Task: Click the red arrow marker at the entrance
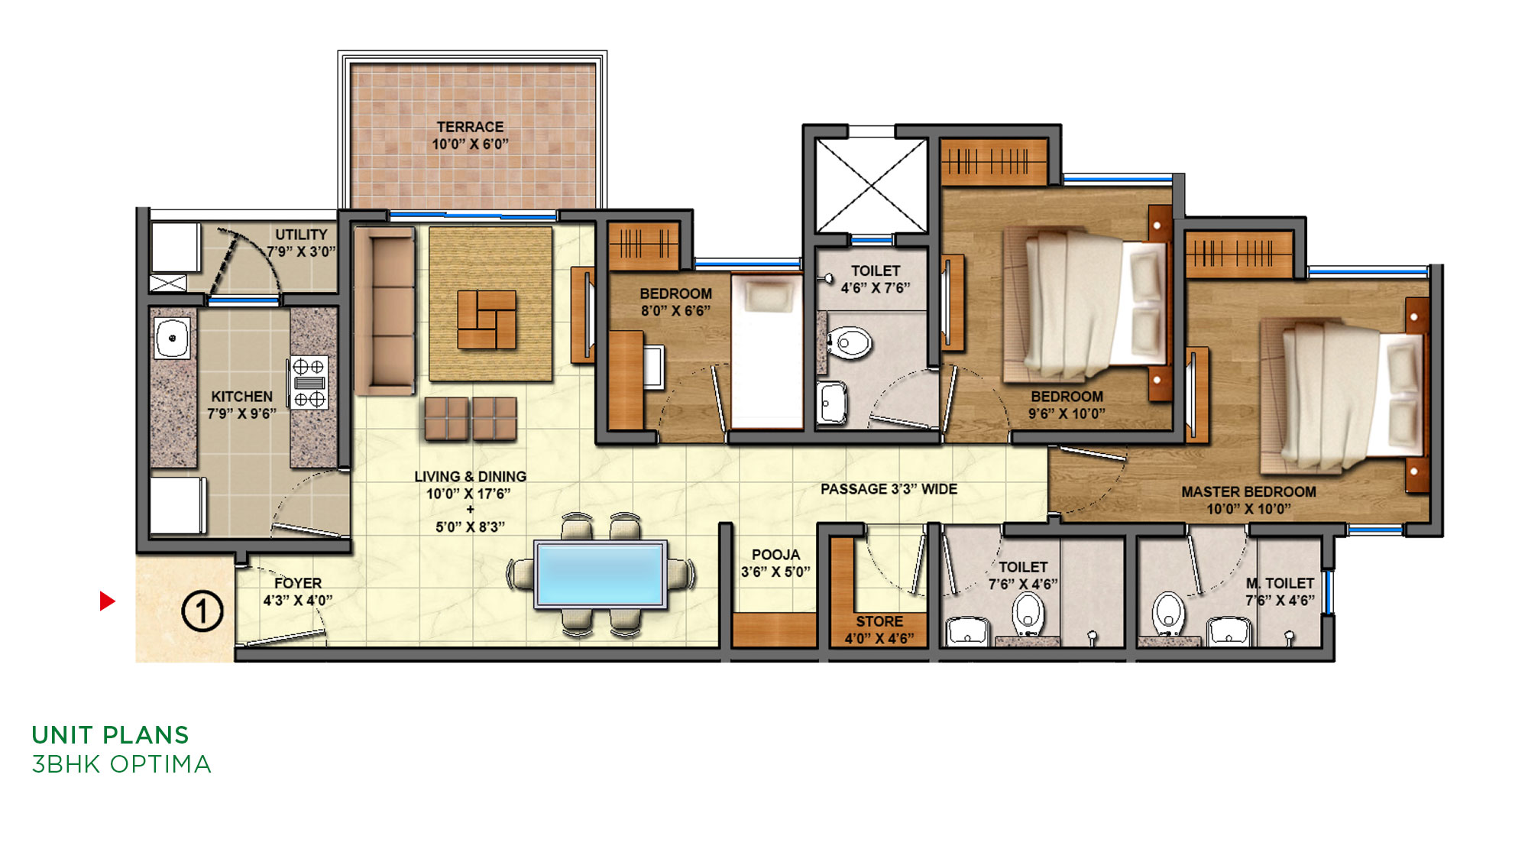107,601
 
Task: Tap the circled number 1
202,611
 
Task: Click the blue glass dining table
601,574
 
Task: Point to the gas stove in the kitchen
309,382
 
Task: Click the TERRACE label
470,127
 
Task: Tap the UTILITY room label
301,235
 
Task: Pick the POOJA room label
775,555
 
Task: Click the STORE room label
879,621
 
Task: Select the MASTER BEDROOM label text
1248,491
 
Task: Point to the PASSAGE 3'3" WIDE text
889,489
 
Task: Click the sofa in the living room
384,310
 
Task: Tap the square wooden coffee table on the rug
487,319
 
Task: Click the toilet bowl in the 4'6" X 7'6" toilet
849,342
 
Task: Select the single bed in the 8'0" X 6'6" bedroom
766,350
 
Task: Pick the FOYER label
298,583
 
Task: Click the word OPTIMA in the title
160,764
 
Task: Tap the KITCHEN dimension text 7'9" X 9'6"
241,413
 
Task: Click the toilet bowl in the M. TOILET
1168,612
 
